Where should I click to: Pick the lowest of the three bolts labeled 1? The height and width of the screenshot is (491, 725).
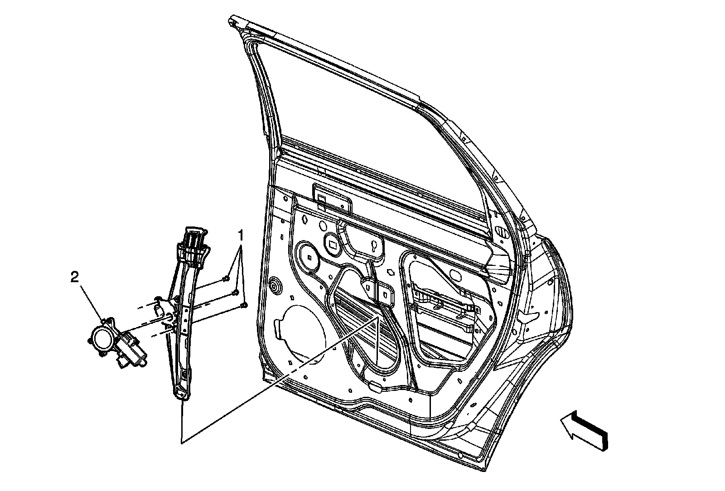click(x=244, y=304)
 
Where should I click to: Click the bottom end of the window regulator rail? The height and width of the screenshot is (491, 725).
click(x=181, y=392)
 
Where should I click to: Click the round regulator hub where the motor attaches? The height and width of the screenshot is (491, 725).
click(x=168, y=318)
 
